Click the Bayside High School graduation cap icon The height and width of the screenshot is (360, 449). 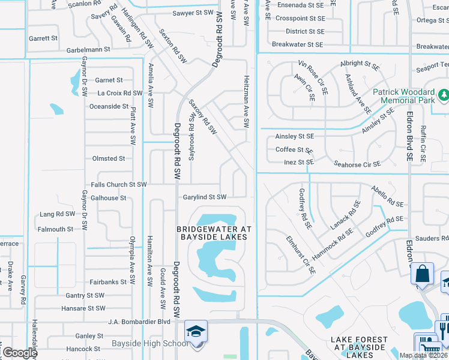196,332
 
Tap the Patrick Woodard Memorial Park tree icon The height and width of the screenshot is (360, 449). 443,94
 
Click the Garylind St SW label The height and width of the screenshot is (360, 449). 204,197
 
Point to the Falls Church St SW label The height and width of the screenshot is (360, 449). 118,185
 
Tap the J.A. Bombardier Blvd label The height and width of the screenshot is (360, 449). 139,322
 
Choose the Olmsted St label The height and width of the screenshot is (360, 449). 108,158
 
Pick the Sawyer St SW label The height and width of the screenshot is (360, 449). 193,12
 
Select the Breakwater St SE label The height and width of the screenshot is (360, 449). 298,44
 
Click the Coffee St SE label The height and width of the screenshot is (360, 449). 294,150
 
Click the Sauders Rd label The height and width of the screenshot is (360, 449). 428,238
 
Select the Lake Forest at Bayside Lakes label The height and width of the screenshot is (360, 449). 359,343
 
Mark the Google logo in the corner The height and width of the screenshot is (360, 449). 20,353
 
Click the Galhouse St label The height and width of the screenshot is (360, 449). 108,197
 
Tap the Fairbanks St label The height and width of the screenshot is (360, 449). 108,281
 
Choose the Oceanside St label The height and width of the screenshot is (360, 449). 109,106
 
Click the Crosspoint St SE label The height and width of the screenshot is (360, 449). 300,19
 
